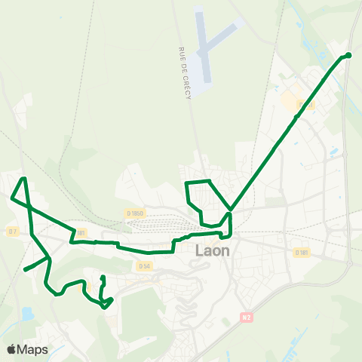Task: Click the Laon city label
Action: coord(214,251)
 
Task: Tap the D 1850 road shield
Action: coord(135,213)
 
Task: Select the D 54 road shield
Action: coord(146,265)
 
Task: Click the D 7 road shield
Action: coord(12,231)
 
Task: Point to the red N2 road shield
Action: coord(245,318)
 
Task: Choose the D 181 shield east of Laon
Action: coord(301,252)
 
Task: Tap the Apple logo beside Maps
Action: coord(11,349)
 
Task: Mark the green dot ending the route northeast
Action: coord(348,55)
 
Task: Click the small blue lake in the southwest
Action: coord(28,313)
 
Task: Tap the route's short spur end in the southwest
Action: coord(25,269)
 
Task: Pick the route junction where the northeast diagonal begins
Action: coord(230,210)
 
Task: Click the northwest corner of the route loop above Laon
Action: coord(186,183)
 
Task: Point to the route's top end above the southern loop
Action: coord(102,279)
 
